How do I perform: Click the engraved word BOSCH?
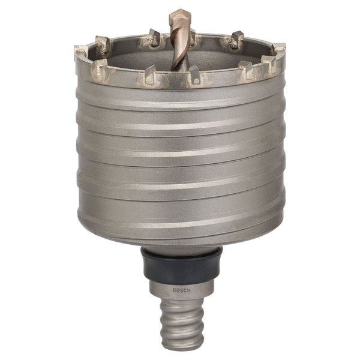pyautogui.click(x=181, y=290)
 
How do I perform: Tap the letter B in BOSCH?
pyautogui.click(x=174, y=290)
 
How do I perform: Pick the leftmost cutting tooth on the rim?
pyautogui.click(x=80, y=52)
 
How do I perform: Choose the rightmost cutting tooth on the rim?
pyautogui.click(x=279, y=49)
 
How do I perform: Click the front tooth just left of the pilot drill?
pyautogui.click(x=150, y=74)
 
